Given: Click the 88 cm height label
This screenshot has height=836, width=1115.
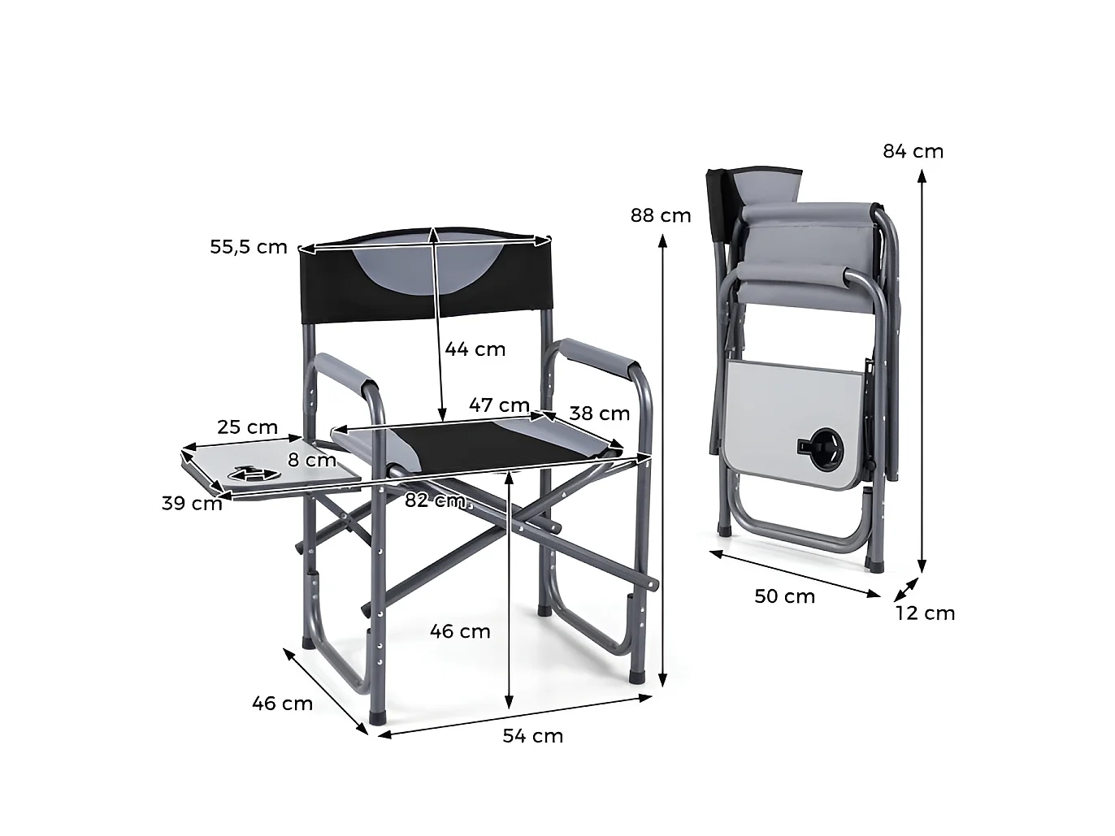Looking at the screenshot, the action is coord(661,216).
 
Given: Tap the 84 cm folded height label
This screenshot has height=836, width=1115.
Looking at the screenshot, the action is coord(913,151).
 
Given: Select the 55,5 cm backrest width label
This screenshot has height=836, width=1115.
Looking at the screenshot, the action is coord(249,247).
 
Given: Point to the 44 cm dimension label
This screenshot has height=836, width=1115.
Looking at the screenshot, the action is coord(475,349).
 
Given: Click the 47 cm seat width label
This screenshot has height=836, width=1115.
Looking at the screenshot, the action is coord(499,405).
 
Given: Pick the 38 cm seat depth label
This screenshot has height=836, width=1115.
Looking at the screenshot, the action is coord(600,414).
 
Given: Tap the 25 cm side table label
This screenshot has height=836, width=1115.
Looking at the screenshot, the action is coord(247,427).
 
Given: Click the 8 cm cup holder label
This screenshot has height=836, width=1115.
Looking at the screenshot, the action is coord(312,460).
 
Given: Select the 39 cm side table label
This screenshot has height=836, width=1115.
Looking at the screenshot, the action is coord(192,503).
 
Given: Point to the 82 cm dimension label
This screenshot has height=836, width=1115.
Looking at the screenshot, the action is coord(436,500).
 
